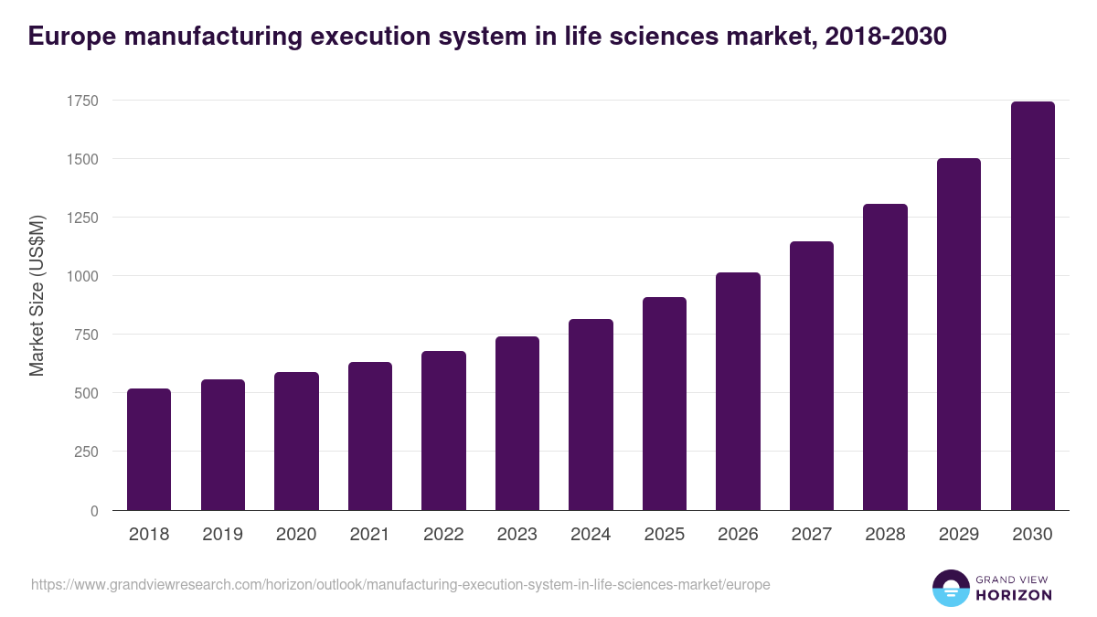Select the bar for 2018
pyautogui.click(x=149, y=449)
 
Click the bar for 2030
pyautogui.click(x=1032, y=306)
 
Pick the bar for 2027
pyautogui.click(x=812, y=376)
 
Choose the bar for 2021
pyautogui.click(x=370, y=436)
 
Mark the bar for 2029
pyautogui.click(x=959, y=335)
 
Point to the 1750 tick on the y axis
pyautogui.click(x=81, y=101)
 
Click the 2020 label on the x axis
pyautogui.click(x=296, y=535)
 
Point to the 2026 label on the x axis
pyautogui.click(x=738, y=535)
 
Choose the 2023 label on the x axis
pyautogui.click(x=517, y=535)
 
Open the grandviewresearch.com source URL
pyautogui.click(x=400, y=584)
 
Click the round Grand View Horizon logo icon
pyautogui.click(x=951, y=588)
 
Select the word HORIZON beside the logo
pyautogui.click(x=1014, y=595)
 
